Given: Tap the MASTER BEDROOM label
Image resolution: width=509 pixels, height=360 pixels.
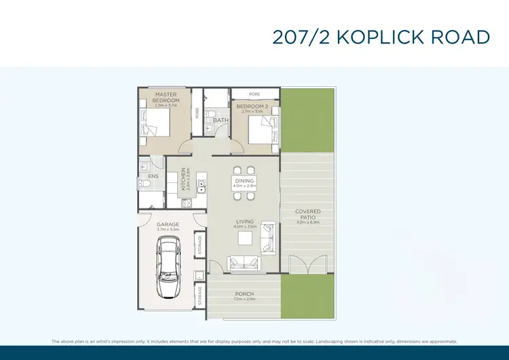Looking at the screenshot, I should click(166, 97).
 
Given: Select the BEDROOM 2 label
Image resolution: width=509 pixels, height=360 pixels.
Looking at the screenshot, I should click(252, 107).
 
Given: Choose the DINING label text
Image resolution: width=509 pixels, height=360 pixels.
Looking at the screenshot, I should click(244, 181).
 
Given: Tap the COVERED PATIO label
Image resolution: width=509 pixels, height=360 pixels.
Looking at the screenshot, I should click(307, 214).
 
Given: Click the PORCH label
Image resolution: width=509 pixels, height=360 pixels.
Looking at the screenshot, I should click(244, 294).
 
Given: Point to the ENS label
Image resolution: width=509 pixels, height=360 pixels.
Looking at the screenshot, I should click(153, 176).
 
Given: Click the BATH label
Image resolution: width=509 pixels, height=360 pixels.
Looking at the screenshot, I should click(221, 121).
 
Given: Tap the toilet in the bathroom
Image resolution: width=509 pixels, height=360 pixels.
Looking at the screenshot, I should click(211, 113).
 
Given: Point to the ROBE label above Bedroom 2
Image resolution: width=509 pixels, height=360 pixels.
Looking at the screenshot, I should click(254, 94).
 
